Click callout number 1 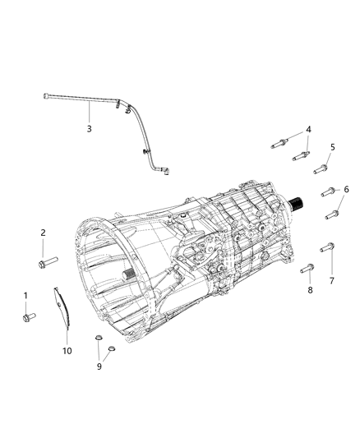(x=25, y=295)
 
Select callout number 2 (x=43, y=233)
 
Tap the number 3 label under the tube (x=89, y=129)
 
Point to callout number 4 (x=308, y=130)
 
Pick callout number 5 (x=333, y=147)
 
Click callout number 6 (x=345, y=189)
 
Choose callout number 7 (x=332, y=280)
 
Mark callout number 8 (x=310, y=290)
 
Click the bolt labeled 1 (x=26, y=315)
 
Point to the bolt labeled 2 (x=46, y=263)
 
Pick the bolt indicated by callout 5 (x=320, y=170)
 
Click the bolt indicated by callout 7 (x=330, y=246)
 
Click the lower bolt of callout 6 (x=333, y=215)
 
